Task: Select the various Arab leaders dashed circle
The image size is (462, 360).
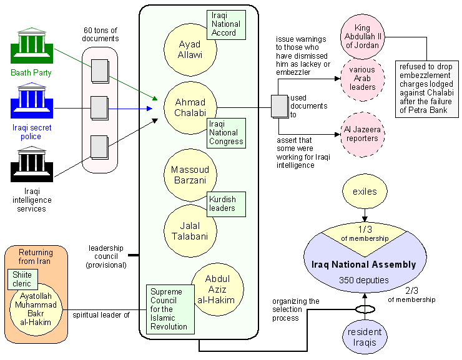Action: point(363,79)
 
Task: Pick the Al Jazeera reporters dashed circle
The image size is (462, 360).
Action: point(363,134)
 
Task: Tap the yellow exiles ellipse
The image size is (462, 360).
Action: point(365,192)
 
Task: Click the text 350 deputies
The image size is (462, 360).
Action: point(365,280)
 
